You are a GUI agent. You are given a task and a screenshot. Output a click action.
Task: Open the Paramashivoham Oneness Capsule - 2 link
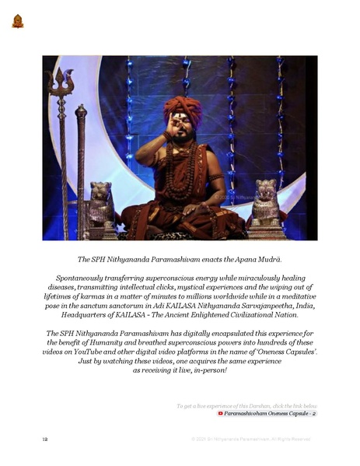pyautogui.click(x=271, y=413)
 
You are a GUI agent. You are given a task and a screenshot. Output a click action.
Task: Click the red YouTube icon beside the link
pyautogui.click(x=221, y=413)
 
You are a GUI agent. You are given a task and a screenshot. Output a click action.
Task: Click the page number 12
pyautogui.click(x=46, y=440)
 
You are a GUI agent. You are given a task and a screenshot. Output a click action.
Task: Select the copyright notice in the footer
pyautogui.click(x=250, y=440)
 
